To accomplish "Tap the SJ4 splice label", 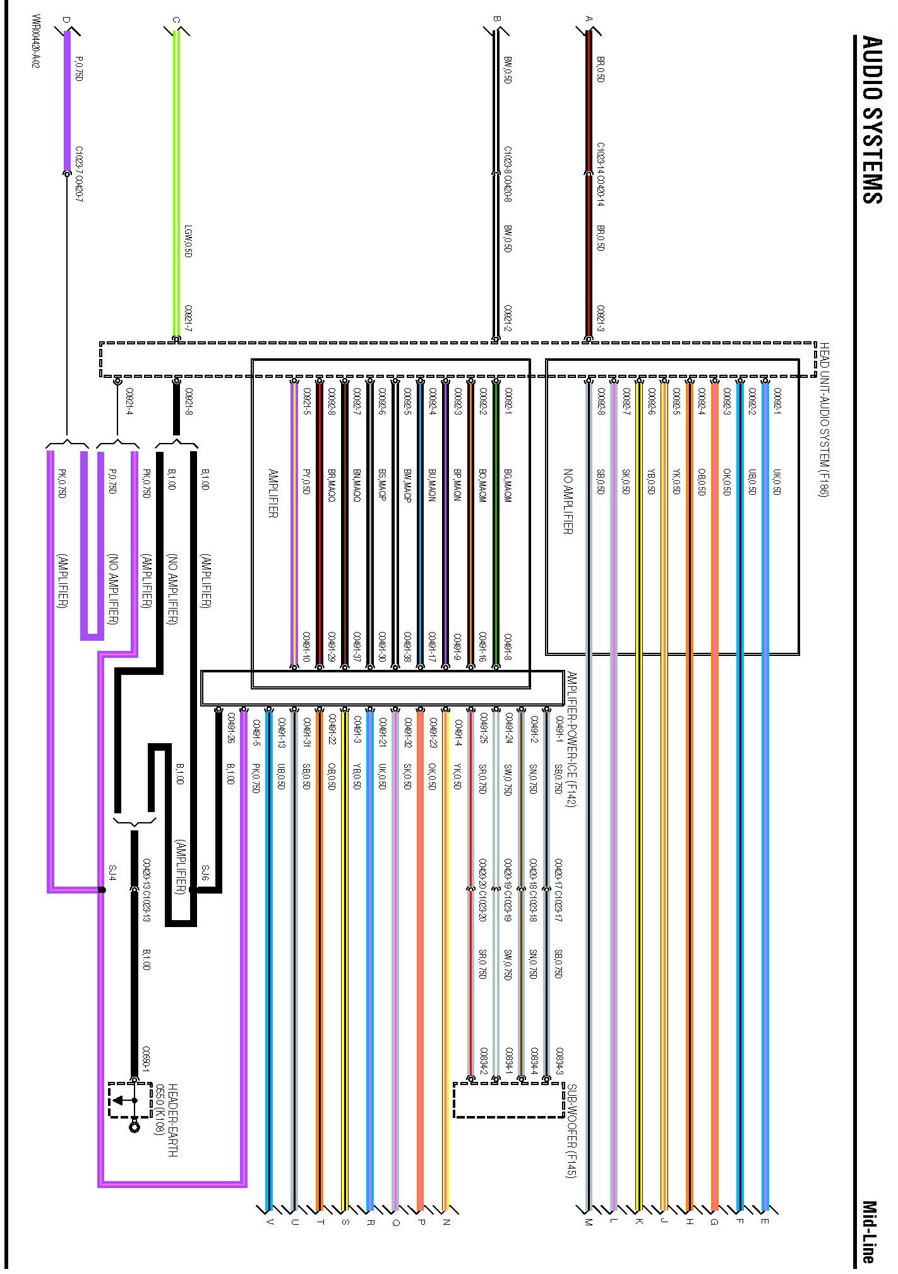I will [x=112, y=873].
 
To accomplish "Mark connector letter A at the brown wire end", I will [x=589, y=19].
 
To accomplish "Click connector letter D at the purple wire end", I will [x=66, y=19].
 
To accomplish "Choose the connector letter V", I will [x=270, y=1222].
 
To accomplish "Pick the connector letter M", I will [x=589, y=1222].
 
